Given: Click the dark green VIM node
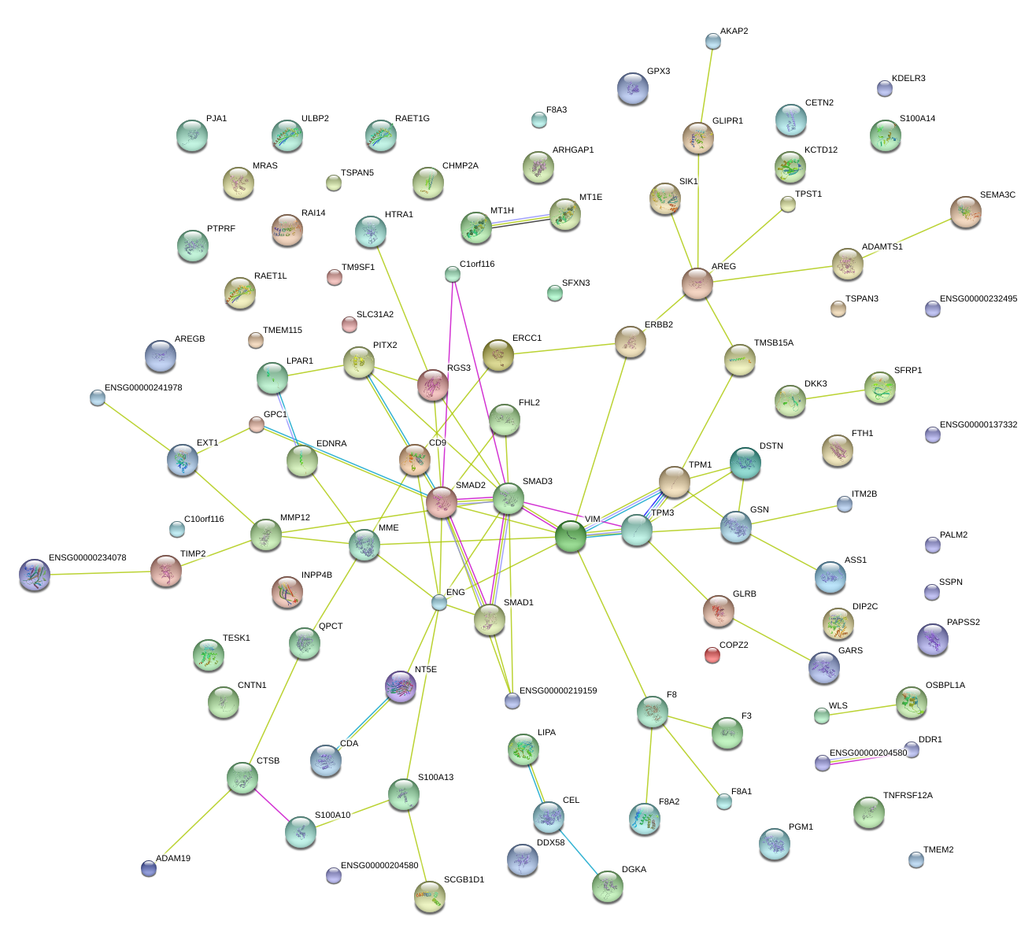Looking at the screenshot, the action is pyautogui.click(x=571, y=537).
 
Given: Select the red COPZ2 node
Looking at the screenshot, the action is pyautogui.click(x=712, y=654).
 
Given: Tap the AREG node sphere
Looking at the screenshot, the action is pyautogui.click(x=697, y=283).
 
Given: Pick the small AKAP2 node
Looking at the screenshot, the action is pyautogui.click(x=713, y=41).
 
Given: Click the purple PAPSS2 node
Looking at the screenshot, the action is pyautogui.click(x=933, y=639).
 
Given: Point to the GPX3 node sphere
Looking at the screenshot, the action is pyautogui.click(x=633, y=88).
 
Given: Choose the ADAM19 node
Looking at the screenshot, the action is pyautogui.click(x=149, y=868).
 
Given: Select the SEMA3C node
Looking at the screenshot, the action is pyautogui.click(x=966, y=212).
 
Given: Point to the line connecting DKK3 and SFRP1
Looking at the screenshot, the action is pyautogui.click(x=834, y=394).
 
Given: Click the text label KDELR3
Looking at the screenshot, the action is pyautogui.click(x=908, y=79).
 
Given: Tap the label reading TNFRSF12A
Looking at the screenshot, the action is pyautogui.click(x=908, y=796).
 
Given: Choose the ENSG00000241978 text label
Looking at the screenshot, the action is pyautogui.click(x=143, y=388).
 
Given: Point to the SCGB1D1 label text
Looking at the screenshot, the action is pyautogui.click(x=464, y=880).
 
